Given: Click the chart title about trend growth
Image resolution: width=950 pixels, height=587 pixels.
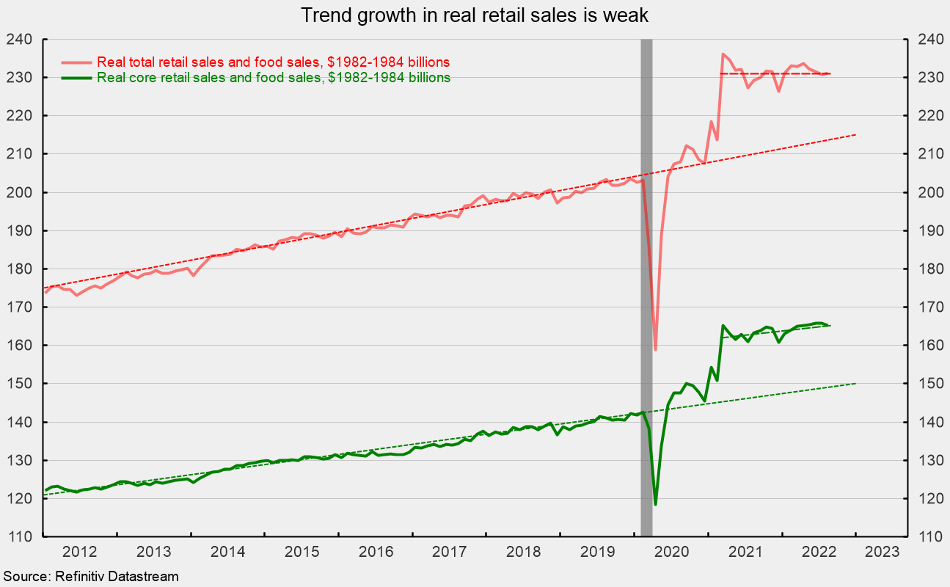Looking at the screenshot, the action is [475, 15].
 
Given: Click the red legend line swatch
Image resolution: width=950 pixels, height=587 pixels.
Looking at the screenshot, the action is [76, 62].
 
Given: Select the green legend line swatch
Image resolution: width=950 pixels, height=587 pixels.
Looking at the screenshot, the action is [76, 78].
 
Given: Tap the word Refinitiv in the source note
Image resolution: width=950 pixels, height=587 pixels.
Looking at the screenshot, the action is [79, 577].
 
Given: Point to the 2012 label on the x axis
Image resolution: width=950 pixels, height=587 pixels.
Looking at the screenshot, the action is [80, 552].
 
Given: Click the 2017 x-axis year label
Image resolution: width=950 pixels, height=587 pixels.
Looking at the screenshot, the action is [450, 552].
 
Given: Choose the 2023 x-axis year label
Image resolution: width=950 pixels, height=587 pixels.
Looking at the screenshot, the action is [882, 552].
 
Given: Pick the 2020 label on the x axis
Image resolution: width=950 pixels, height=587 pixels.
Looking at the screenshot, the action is [671, 552].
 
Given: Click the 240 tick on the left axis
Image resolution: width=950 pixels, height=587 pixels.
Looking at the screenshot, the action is [19, 40].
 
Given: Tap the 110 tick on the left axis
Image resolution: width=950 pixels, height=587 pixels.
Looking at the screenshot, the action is [19, 536].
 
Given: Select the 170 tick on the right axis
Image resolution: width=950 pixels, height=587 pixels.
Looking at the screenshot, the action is [931, 307].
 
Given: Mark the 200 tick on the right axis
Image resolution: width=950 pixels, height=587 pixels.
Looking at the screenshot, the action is [931, 192].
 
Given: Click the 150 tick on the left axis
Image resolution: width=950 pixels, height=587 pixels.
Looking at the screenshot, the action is [19, 384].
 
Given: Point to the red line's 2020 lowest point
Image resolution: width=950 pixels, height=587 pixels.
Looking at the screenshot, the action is [655, 349].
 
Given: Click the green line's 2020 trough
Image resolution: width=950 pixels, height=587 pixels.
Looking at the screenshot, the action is [655, 504].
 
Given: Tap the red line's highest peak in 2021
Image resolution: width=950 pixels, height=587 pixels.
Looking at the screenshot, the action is [723, 54].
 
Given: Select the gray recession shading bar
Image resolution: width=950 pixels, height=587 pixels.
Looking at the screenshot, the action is [646, 288].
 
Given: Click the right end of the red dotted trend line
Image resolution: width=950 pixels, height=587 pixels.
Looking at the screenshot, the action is [856, 135].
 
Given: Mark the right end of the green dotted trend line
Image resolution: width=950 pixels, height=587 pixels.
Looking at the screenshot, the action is [856, 384].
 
